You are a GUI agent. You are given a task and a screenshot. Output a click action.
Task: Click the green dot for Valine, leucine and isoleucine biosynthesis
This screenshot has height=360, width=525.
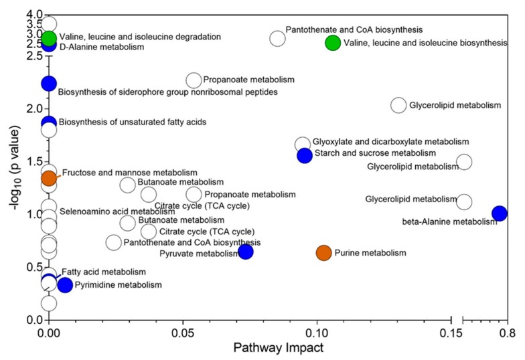click(x=333, y=43)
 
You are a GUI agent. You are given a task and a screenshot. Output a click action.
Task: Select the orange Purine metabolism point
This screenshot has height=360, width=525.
click(x=323, y=252)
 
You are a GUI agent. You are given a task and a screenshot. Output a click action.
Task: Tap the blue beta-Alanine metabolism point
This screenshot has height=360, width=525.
click(x=499, y=213)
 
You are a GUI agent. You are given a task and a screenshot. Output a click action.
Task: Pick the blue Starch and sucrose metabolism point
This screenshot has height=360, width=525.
click(x=305, y=155)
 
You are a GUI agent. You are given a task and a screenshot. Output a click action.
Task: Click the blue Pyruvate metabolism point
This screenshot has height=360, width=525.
click(x=246, y=252)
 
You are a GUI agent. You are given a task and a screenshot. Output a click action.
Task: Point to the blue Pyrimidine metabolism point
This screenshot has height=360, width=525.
click(x=65, y=284)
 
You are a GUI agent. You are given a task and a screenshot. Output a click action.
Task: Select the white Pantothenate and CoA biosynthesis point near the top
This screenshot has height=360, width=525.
click(x=278, y=38)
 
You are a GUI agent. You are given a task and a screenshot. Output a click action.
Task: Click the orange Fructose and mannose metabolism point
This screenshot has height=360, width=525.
click(x=49, y=178)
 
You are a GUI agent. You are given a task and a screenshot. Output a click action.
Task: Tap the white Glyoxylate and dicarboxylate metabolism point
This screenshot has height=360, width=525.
click(x=303, y=145)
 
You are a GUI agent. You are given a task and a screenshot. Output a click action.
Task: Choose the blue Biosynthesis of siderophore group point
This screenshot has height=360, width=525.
click(x=49, y=83)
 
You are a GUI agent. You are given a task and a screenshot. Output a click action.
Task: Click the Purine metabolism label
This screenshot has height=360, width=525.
click(x=370, y=253)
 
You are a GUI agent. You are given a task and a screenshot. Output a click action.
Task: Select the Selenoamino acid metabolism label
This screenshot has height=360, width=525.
click(x=108, y=211)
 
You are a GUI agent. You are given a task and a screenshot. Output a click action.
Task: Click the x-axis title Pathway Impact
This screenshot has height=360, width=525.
click(x=271, y=348)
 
